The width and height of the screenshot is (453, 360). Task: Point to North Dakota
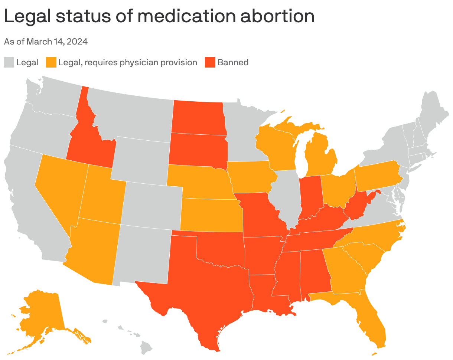click(199, 117)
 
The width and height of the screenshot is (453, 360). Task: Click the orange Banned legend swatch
click(210, 62)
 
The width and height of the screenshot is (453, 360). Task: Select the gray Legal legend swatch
click(9, 62)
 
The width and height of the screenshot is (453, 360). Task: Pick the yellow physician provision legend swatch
click(51, 62)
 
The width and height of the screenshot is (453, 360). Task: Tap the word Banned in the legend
click(233, 62)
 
